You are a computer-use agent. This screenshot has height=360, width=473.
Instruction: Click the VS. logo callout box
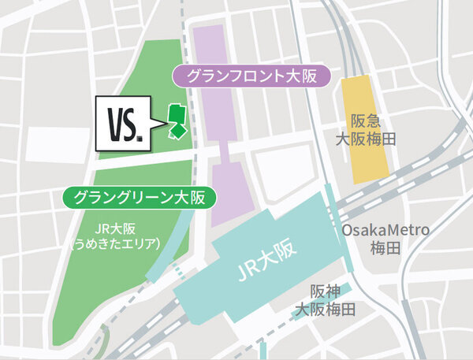[x=127, y=124]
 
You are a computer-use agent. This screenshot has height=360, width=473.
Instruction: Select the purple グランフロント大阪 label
[x=255, y=76]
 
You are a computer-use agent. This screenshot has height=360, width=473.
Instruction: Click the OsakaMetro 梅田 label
[x=385, y=238]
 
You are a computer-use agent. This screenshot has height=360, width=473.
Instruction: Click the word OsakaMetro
[x=385, y=229]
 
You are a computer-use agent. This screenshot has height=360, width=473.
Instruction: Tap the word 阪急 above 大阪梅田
[x=365, y=121]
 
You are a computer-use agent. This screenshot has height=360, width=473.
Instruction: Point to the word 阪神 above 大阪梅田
[x=326, y=290]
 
